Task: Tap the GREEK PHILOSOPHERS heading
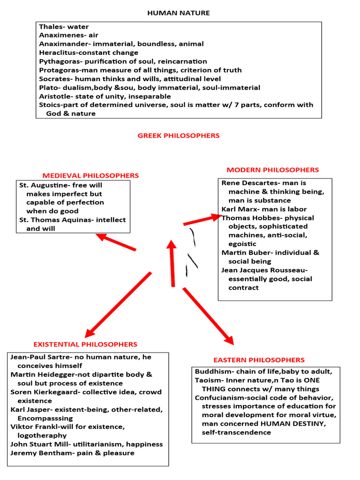point(179,135)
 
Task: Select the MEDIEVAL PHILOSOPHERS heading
point(91,176)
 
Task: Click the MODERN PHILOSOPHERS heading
point(273,170)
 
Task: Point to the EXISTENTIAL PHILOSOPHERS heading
point(85,345)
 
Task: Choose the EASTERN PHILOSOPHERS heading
point(259,360)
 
